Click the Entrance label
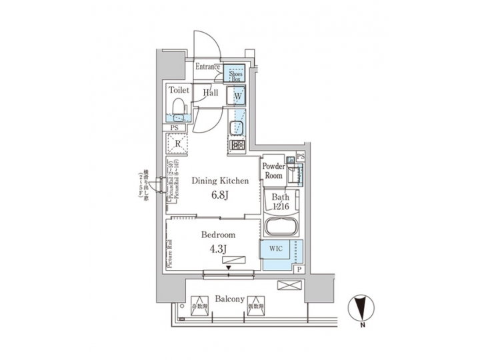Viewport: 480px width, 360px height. click(x=207, y=67)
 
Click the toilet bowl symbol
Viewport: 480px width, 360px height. click(x=178, y=107)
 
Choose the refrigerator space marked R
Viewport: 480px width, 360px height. click(x=178, y=143)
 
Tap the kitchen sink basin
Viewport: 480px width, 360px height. click(x=237, y=127)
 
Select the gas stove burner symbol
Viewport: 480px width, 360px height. click(x=237, y=145)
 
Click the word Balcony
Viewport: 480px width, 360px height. click(x=228, y=299)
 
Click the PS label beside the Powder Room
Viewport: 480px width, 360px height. click(x=300, y=156)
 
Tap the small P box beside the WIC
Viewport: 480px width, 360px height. click(x=299, y=269)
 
